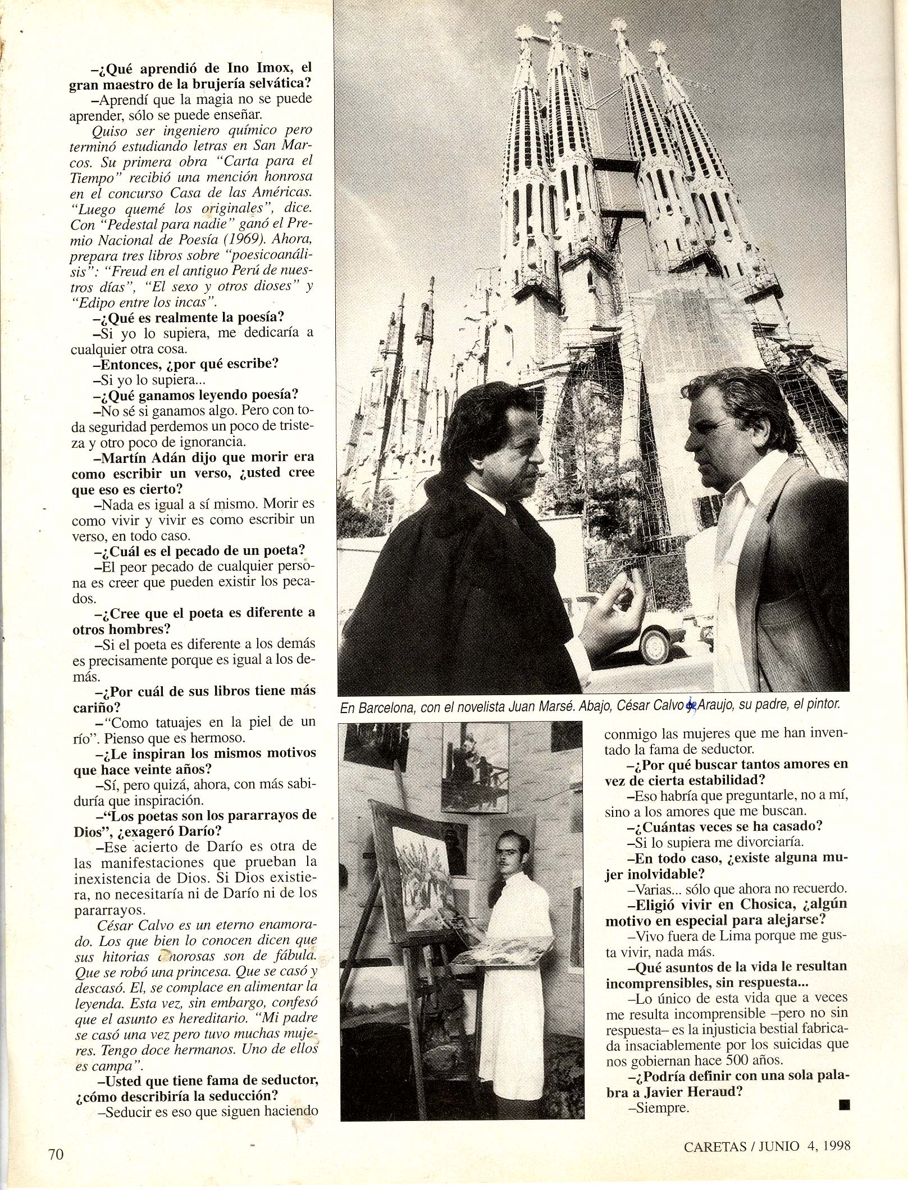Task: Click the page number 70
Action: tap(57, 1166)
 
